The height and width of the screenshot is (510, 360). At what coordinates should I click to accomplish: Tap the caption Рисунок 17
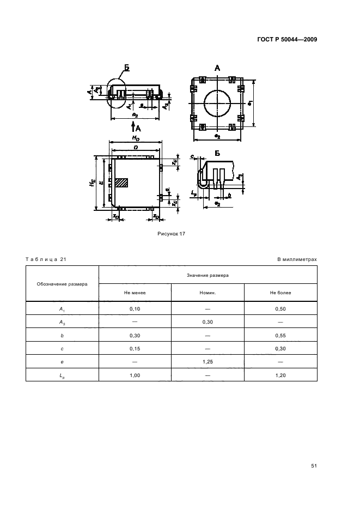tap(172, 233)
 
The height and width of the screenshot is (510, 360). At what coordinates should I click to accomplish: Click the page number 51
tap(314, 466)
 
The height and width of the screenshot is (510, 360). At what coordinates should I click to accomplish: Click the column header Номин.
tap(208, 293)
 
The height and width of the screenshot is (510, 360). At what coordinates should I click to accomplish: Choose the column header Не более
tap(280, 293)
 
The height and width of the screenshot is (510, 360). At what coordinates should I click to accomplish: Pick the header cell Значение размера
tap(208, 276)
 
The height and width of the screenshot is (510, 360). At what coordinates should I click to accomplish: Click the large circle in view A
tap(217, 103)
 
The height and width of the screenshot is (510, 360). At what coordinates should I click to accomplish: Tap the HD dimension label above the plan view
tap(135, 139)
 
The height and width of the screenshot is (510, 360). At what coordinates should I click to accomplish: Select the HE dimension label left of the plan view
tap(91, 183)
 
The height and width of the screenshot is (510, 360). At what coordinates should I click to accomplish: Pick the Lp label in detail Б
tap(194, 193)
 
